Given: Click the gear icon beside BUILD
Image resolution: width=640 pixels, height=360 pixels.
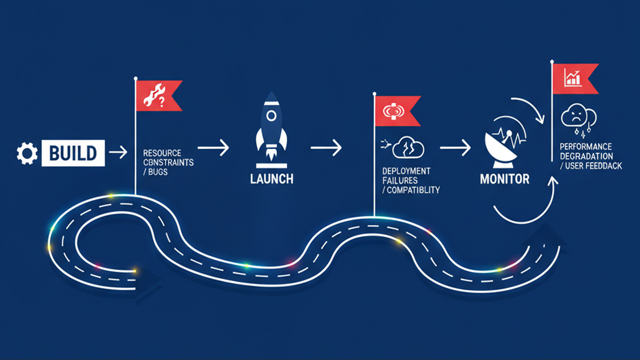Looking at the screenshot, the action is coord(27,153).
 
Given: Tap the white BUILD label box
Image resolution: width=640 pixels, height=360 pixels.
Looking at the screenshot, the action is coord(73,153).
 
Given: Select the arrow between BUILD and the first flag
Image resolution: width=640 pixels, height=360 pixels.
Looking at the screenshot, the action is coord(118,152).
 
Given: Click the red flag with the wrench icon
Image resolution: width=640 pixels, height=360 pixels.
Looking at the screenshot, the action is coord(158,96).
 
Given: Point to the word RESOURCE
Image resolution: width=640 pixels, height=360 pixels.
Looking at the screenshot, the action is coord(162,153).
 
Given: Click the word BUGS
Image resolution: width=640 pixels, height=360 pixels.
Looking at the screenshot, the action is coord(158,172).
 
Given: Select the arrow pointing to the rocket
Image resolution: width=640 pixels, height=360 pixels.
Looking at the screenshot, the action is coord(213,148).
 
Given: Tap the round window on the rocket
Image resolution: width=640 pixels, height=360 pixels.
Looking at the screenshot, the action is coord(271,116).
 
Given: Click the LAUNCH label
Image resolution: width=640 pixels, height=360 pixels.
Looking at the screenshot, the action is coord(272,179).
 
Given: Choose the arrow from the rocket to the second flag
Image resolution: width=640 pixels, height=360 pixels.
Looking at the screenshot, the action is coord(326,148).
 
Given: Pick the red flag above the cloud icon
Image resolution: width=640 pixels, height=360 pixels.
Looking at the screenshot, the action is coord(396,111).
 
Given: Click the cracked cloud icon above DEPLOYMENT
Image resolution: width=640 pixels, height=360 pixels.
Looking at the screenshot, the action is coord(408,147).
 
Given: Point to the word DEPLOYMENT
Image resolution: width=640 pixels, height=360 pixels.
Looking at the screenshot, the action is coord(406,171).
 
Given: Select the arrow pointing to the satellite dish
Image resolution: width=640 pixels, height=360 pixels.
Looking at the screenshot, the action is coord(455,148).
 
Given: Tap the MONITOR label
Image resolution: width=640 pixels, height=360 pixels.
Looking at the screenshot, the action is coord(504,179).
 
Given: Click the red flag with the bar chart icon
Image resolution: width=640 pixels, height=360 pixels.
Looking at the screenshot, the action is coord(574,78).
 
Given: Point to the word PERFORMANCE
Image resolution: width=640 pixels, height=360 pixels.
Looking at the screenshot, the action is coord(586,147).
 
